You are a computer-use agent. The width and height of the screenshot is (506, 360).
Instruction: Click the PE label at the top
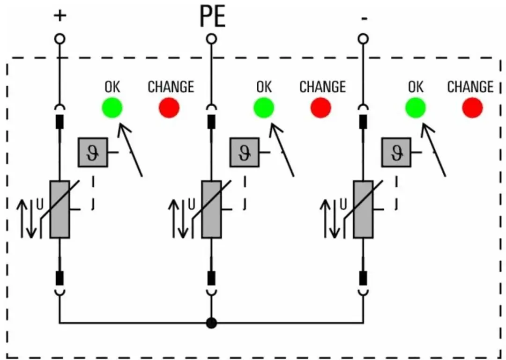212,16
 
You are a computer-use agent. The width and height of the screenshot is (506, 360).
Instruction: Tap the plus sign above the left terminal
60,15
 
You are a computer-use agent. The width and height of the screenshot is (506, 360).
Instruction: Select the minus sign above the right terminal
364,19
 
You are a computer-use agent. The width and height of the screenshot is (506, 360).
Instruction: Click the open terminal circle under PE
211,39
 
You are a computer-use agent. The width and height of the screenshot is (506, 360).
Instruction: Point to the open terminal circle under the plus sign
60,39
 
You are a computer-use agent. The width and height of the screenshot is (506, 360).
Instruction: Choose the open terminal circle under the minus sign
364,39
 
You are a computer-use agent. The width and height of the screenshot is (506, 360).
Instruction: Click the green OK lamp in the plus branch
112,108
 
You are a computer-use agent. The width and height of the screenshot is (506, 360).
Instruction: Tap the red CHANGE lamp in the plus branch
169,108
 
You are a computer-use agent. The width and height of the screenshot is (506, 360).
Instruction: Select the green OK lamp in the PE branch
264,108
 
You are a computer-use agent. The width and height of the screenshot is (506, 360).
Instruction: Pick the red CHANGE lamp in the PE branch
321,108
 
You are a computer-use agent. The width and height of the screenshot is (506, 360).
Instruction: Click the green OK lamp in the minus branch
416,108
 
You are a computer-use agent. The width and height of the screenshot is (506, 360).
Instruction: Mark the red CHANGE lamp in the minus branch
472,108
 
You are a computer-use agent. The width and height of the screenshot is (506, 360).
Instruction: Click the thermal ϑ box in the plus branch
93,152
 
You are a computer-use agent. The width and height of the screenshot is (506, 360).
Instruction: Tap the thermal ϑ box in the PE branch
245,152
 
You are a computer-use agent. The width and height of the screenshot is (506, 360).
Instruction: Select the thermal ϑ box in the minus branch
396,152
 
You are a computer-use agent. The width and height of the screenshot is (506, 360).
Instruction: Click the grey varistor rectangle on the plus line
60,209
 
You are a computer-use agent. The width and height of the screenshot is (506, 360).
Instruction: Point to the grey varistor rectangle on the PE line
211,209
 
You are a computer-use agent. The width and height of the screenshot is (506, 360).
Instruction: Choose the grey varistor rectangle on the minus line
364,209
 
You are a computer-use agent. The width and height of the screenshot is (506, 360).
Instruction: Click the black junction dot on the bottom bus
211,323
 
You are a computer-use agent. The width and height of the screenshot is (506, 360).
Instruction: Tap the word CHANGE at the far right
470,87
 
